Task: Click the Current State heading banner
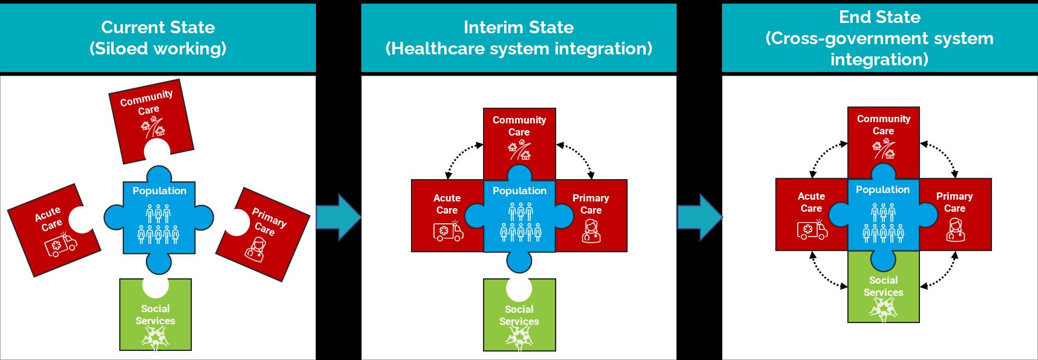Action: click(x=157, y=38)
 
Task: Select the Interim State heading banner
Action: click(x=519, y=38)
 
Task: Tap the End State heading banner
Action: click(x=879, y=38)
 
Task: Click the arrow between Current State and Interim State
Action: click(x=338, y=218)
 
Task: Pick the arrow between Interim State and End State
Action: click(x=699, y=218)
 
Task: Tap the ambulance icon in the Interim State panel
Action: click(x=448, y=232)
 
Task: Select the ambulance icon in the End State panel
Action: click(x=812, y=230)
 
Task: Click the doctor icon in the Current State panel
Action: click(x=254, y=249)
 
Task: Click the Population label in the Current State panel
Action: click(x=159, y=191)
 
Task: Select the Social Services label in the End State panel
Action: click(x=883, y=286)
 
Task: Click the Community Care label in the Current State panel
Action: click(x=147, y=102)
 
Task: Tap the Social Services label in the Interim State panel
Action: click(x=519, y=315)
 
